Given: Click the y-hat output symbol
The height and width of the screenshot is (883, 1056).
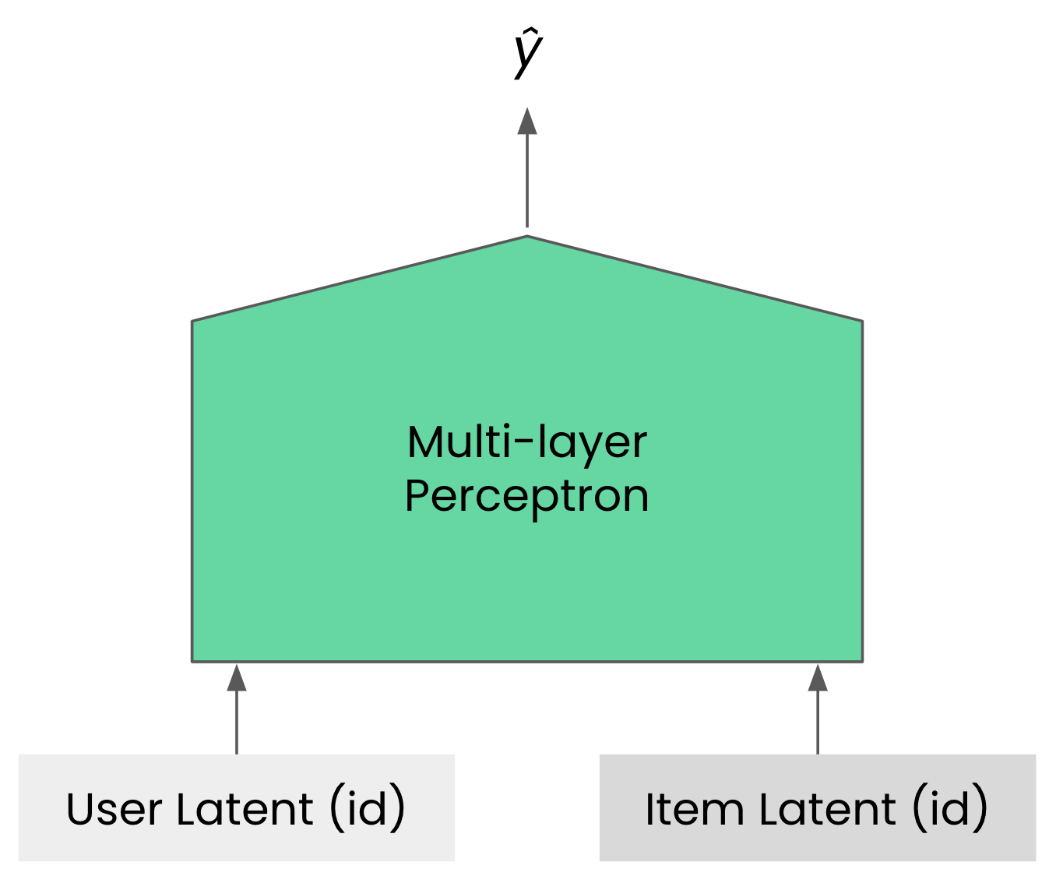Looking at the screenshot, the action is pos(529,54).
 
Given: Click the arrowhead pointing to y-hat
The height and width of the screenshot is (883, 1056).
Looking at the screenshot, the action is pos(527,121).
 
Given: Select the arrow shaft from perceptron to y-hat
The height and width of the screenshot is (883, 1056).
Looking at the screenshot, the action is pos(527,181).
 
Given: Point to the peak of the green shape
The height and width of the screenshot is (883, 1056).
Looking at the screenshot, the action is pos(527,236).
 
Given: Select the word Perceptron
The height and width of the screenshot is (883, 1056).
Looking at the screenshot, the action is pos(527,498).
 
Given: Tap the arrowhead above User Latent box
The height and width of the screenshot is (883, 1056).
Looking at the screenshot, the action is pos(237,677).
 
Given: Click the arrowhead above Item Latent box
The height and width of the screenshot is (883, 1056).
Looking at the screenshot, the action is pos(818,677).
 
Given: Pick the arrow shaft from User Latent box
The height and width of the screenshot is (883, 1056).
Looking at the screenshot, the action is pos(237,722).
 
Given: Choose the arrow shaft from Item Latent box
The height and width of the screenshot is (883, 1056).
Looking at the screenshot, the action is pos(818,722).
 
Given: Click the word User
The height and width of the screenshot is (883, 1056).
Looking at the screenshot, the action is pos(114,809).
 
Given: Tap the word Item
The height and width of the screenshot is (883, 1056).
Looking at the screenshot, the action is pos(695,809).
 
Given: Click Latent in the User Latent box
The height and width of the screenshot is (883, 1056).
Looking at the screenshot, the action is pos(245,809).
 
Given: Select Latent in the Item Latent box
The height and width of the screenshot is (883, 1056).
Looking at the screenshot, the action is pos(828,809).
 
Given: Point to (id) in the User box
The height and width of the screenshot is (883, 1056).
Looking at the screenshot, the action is pos(368,807).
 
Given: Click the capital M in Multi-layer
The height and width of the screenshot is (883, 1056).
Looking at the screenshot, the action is pos(426,442).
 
